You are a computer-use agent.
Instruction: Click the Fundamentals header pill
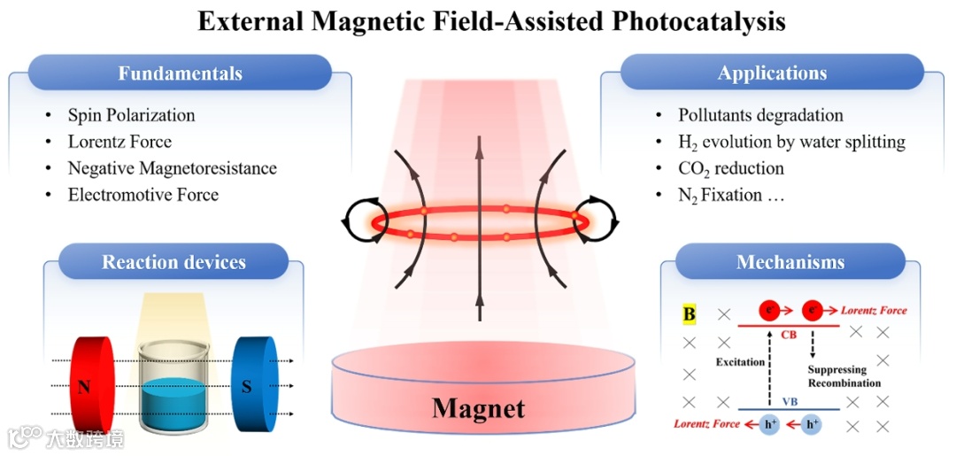[180, 73]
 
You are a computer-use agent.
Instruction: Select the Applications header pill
[772, 73]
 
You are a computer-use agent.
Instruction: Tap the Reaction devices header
[173, 262]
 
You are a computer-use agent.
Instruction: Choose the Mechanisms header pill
[790, 262]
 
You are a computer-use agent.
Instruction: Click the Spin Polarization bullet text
[131, 115]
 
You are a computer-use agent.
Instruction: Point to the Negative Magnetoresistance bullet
[172, 168]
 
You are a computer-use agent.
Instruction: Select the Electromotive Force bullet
[143, 195]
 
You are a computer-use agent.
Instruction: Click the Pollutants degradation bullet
[760, 115]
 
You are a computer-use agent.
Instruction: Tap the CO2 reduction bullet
[730, 168]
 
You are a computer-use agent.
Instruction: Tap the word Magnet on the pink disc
[478, 408]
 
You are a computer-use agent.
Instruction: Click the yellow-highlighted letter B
[689, 313]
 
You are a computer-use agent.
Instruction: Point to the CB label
[789, 336]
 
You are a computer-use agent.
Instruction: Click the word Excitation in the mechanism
[739, 362]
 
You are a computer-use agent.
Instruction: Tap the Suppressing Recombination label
[844, 376]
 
